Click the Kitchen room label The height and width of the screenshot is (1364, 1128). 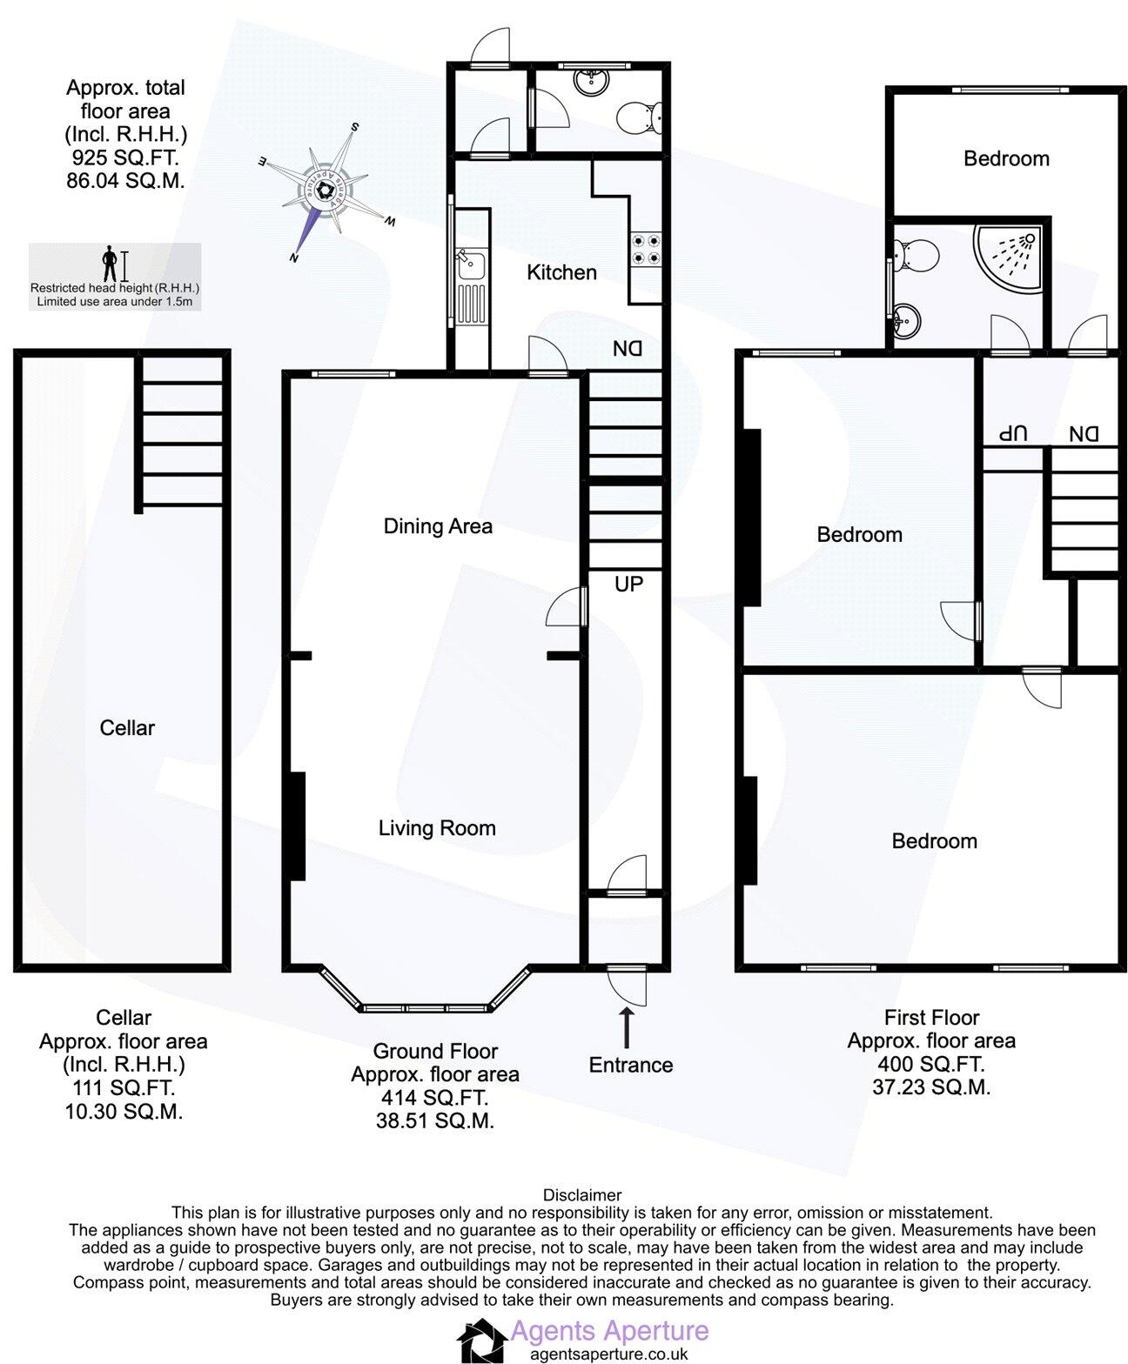point(561,272)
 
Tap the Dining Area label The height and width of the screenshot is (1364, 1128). point(438,526)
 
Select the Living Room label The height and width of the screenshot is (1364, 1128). point(437,828)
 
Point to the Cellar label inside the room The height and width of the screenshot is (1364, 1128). point(127,728)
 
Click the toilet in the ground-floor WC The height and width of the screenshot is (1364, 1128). point(639,116)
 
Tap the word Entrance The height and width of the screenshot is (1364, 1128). point(631,1066)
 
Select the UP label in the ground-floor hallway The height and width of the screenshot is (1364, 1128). point(628,585)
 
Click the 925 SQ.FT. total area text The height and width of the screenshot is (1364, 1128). point(125,158)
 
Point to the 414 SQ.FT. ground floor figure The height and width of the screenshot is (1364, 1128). point(434,1098)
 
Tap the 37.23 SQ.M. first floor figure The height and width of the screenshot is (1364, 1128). point(931,1087)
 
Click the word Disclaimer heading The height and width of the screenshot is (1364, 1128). point(582,1195)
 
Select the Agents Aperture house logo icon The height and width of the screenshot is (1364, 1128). point(482,1341)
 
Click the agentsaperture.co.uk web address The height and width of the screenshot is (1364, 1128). point(609,1354)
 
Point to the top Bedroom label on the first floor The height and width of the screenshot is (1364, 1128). point(1006,159)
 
